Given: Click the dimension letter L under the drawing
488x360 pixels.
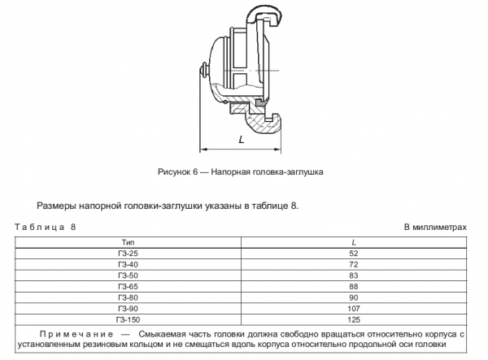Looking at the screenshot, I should [242, 140].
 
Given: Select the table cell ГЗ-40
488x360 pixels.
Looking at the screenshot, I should [128, 265].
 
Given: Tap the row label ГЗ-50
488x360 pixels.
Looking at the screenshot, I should [128, 275].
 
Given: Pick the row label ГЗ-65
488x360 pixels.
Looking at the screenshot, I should [128, 286].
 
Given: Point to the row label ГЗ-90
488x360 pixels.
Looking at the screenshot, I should [128, 308].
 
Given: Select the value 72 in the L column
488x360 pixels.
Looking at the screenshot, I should [353, 265].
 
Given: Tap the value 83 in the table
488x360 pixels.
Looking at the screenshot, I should [353, 275].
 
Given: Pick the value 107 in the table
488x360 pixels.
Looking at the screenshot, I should [353, 308].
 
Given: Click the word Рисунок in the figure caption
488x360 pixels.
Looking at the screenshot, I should [173, 172].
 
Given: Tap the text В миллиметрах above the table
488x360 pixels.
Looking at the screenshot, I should [435, 228].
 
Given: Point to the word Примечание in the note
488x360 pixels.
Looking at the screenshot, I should [74, 334].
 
